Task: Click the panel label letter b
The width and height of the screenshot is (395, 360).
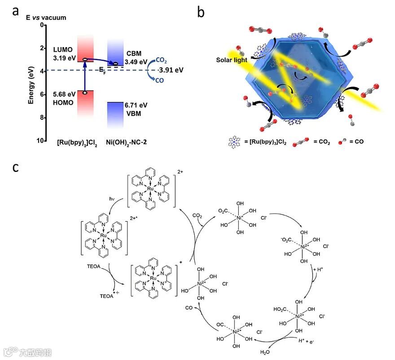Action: pos(201,12)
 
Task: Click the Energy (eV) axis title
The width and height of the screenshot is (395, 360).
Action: pos(31,83)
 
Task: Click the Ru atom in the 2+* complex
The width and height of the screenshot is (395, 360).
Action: pos(104,234)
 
